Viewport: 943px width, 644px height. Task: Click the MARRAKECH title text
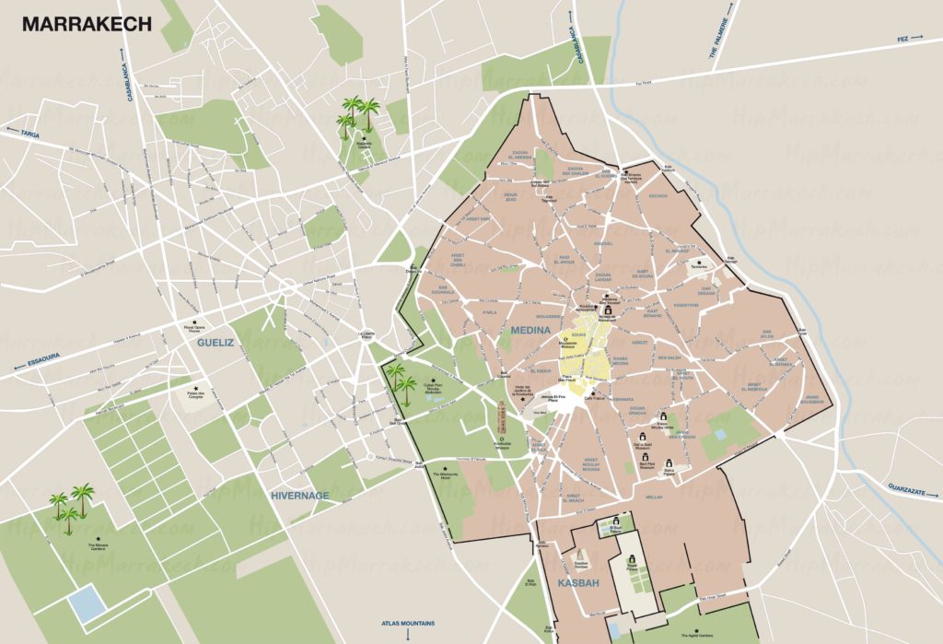(87, 25)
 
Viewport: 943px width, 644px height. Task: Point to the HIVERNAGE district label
(299, 495)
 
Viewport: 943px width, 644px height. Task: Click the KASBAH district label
(578, 584)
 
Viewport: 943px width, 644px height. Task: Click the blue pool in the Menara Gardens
(87, 603)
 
